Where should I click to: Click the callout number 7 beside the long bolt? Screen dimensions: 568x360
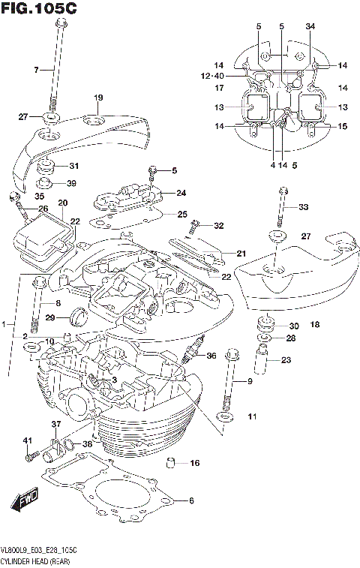pos(34,71)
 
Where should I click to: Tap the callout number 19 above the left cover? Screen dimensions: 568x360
pos(97,98)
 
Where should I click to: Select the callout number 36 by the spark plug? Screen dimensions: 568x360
pos(211,356)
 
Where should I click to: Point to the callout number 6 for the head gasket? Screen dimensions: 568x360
pos(190,500)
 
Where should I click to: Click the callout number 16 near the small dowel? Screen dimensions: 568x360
pos(195,463)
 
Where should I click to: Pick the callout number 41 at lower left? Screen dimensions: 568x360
pos(26,440)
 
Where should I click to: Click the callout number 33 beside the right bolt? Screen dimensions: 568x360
pos(303,207)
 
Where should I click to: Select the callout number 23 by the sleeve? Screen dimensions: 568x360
pos(286,359)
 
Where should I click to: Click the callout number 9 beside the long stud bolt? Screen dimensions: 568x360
pos(250,383)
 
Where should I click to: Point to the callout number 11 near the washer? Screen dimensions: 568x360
pos(252,416)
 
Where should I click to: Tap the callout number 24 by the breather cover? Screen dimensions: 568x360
pos(181,193)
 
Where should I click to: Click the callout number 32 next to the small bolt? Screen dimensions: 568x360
pos(219,226)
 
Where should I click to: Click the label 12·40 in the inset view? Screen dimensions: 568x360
pos(213,76)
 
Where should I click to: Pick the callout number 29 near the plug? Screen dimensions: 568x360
pos(50,318)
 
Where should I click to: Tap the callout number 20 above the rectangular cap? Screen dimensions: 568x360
pos(62,203)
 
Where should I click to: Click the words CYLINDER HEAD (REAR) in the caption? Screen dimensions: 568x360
pos(34,560)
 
